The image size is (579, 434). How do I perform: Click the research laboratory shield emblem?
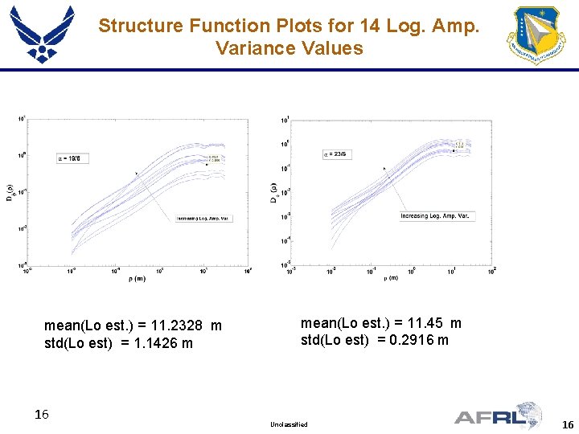click(x=536, y=35)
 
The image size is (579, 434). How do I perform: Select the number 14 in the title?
click(x=371, y=26)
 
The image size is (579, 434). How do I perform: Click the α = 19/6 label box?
click(x=74, y=158)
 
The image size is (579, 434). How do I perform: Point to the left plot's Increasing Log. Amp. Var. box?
click(x=204, y=219)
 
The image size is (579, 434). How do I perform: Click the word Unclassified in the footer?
click(x=289, y=424)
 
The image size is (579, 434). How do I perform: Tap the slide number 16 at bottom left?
click(x=42, y=415)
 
